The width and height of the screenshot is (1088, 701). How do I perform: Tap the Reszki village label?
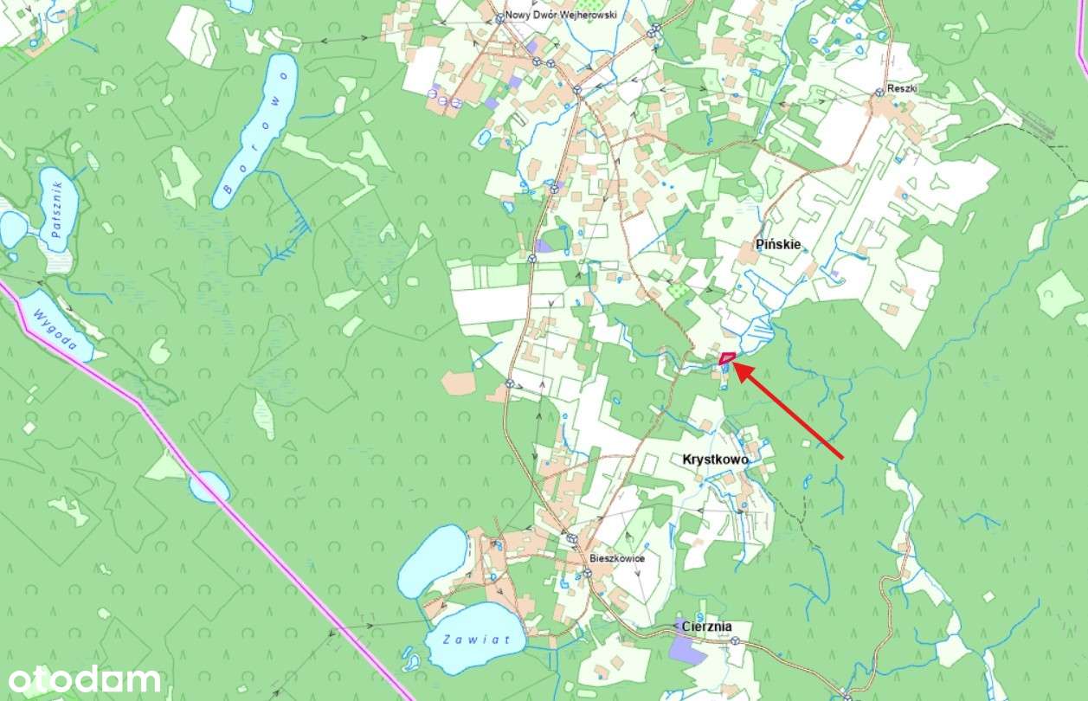901,89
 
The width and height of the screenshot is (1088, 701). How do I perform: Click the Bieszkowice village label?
616,558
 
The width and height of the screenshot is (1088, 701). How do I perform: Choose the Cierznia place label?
706,626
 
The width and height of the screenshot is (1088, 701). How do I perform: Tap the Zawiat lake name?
471,640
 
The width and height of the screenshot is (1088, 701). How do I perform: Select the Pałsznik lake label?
58,209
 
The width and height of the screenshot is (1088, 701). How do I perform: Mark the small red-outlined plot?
727,357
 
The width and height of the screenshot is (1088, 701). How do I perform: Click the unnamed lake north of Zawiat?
432,560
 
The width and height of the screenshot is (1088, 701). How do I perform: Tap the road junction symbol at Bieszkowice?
572,539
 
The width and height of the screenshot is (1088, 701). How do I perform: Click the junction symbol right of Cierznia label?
735,641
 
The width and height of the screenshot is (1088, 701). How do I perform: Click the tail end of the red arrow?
842,458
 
